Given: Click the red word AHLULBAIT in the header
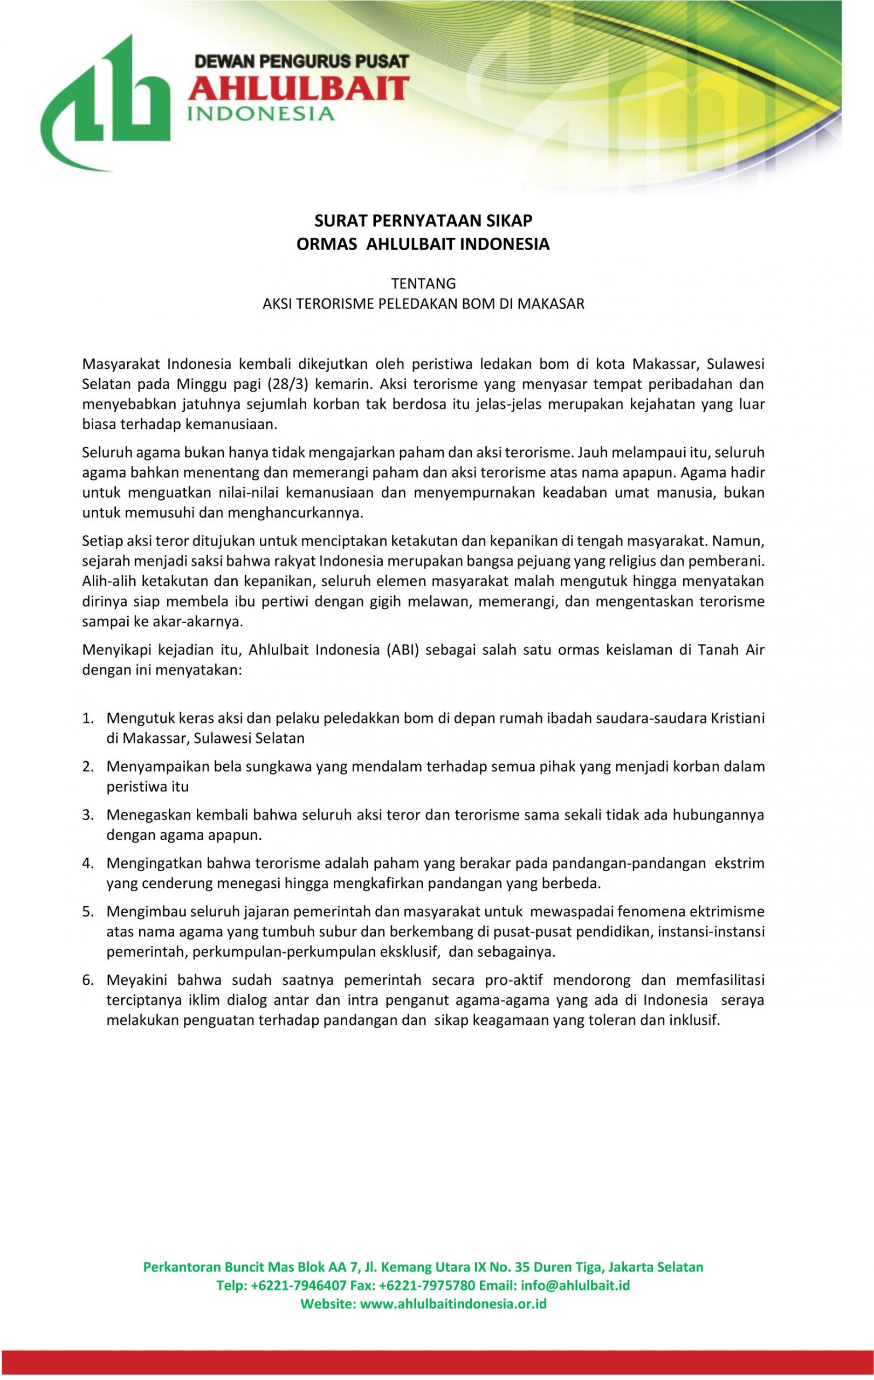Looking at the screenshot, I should [299, 89].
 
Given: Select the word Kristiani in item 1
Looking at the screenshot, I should [735, 718].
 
